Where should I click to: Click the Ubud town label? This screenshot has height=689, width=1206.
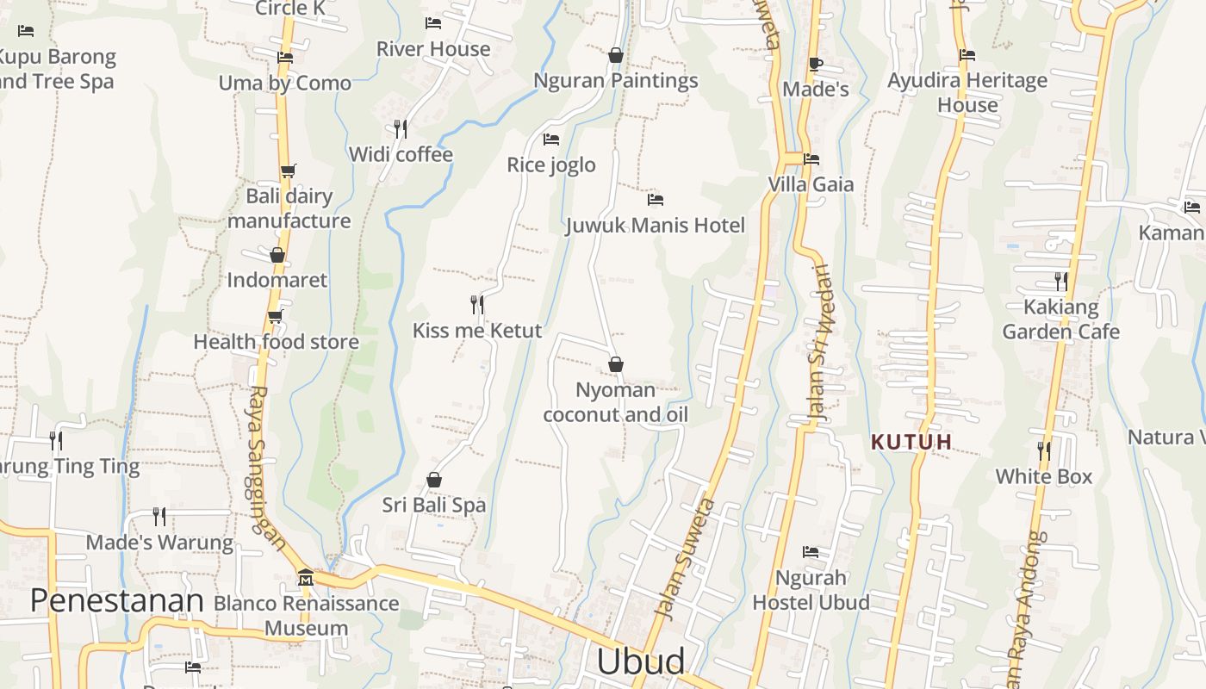coord(641,661)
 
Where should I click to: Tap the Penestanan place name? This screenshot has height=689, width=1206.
coord(116,600)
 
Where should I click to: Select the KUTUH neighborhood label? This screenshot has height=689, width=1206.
coord(911,443)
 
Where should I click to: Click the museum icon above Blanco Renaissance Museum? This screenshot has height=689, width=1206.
coord(305,576)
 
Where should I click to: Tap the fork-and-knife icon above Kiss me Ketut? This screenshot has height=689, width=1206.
coord(477,304)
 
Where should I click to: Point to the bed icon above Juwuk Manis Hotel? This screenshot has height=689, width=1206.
coord(656,200)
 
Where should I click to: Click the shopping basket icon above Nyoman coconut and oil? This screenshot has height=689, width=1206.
coord(616,364)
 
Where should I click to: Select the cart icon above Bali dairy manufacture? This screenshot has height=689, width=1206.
coord(288,171)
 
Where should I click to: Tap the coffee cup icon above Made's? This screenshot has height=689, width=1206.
coord(816,64)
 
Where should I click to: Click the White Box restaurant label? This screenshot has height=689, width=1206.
coord(1043,476)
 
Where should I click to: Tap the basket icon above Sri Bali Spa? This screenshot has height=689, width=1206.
coord(434,480)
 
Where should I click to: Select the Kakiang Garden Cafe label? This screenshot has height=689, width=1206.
coord(1061,320)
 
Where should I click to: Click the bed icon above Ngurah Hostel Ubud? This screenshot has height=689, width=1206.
coord(811,552)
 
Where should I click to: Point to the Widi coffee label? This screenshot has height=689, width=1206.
coord(401,154)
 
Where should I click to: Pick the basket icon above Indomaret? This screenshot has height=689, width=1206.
coord(277,255)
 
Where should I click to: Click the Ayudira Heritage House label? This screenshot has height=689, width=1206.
coord(967,92)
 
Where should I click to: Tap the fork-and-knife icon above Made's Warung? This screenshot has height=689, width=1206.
coord(159,517)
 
